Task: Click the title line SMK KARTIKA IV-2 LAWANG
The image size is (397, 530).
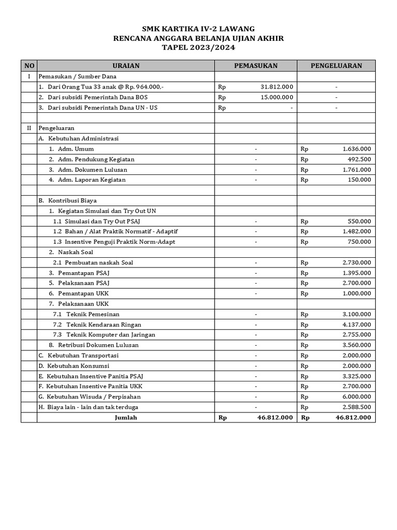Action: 198,29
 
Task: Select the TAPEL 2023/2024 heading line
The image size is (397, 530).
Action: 198,48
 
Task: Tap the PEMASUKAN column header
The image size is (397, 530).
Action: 255,66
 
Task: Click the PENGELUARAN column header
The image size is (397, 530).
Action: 336,66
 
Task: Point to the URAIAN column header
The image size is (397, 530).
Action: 126,66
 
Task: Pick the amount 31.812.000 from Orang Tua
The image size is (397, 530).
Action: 277,87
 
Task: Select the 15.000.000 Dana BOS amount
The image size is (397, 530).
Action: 277,97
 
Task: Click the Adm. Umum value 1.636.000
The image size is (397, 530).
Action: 356,149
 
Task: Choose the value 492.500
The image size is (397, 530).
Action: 360,159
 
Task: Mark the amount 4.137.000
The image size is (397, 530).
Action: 356,325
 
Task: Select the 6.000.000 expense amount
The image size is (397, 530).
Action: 356,397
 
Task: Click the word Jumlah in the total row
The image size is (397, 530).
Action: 126,418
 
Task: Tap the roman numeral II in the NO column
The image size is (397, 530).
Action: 29,128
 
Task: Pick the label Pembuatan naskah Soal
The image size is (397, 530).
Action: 99,262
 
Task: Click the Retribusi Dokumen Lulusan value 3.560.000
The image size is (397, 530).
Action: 356,345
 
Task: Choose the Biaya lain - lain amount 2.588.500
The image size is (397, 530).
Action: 356,407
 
